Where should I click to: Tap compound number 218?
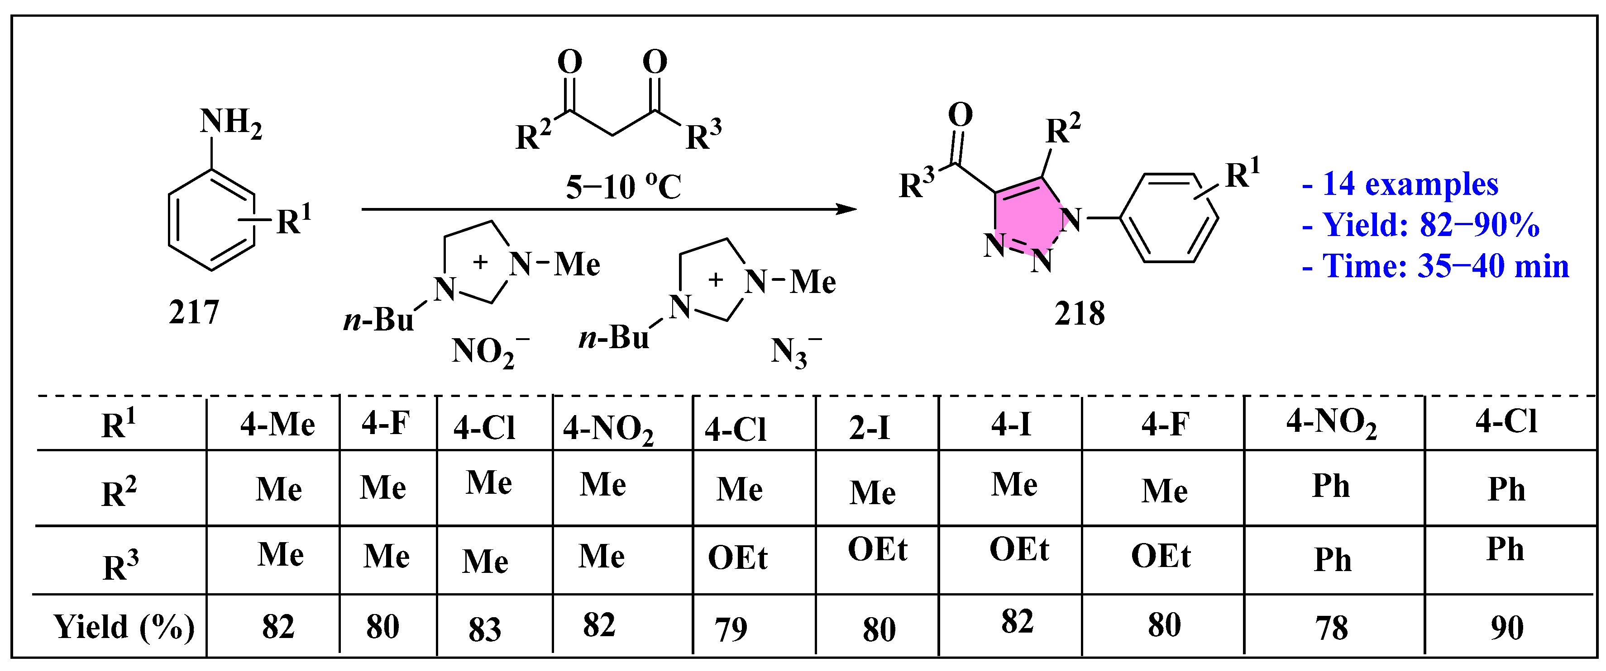pos(1079,314)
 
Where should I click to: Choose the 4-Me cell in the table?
pos(277,425)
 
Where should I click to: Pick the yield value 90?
pos(1507,628)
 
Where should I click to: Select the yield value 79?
pos(730,629)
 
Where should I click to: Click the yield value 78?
pos(1332,628)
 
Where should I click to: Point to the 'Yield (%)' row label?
pos(124,627)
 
